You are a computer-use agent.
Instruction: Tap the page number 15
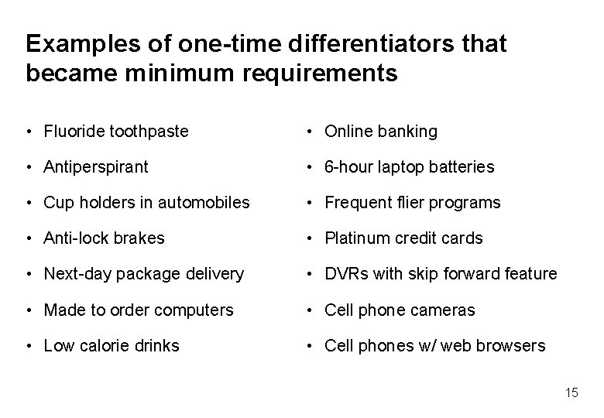571,393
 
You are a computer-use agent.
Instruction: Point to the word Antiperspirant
96,167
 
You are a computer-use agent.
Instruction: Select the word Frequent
358,203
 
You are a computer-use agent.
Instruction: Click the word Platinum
355,238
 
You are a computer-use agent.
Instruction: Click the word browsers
510,345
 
